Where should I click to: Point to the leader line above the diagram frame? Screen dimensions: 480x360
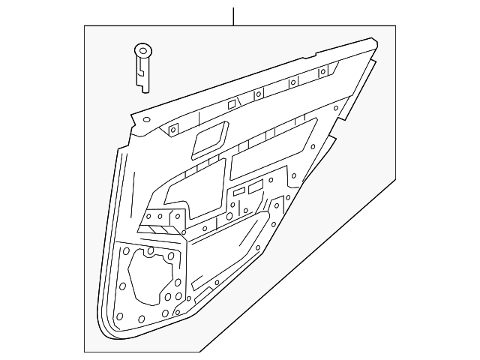click(x=234, y=16)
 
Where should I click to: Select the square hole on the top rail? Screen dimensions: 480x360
click(x=232, y=103)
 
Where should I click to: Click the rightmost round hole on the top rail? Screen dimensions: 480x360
click(x=322, y=72)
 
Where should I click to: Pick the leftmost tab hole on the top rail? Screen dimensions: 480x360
click(x=172, y=129)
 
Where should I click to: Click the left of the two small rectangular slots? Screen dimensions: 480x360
click(x=238, y=193)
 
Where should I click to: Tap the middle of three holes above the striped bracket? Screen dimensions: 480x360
click(x=160, y=216)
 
